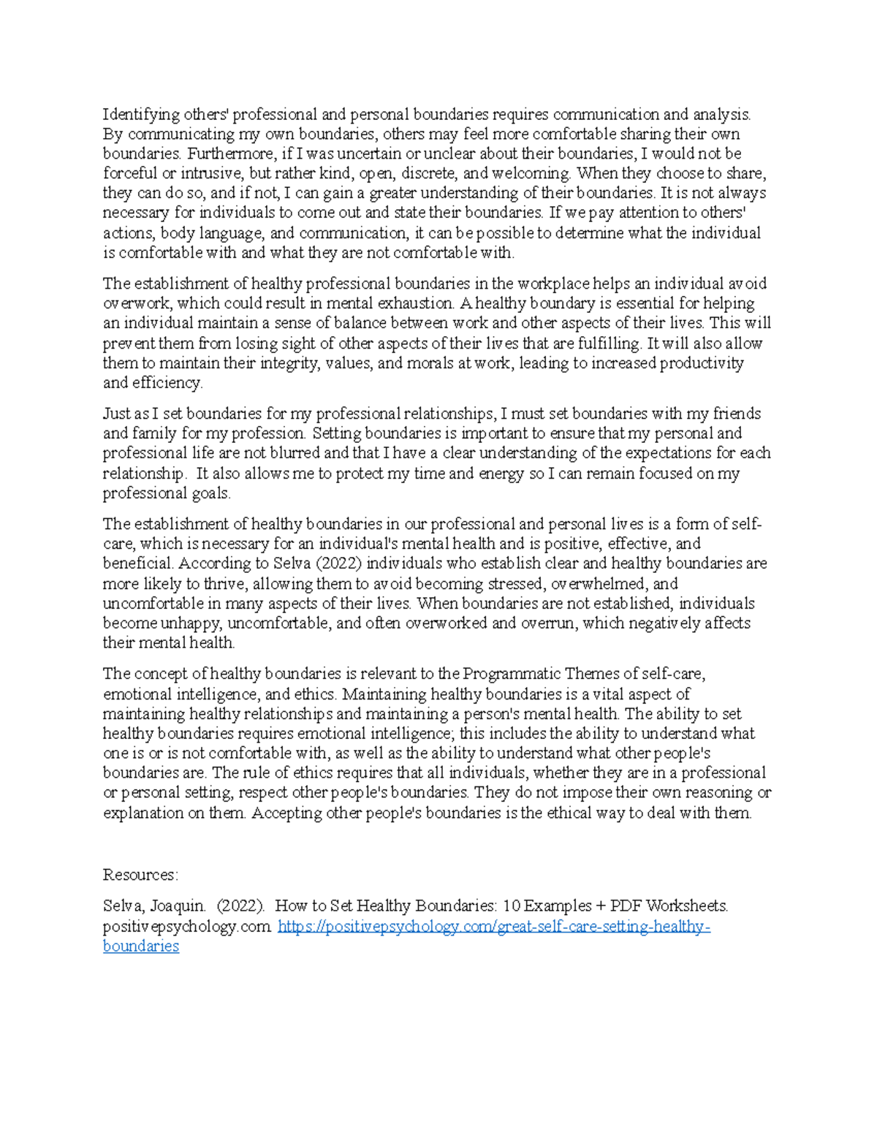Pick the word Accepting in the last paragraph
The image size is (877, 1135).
[x=286, y=813]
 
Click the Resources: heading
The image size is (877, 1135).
[x=140, y=875]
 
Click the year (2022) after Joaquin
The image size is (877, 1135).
[x=240, y=906]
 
